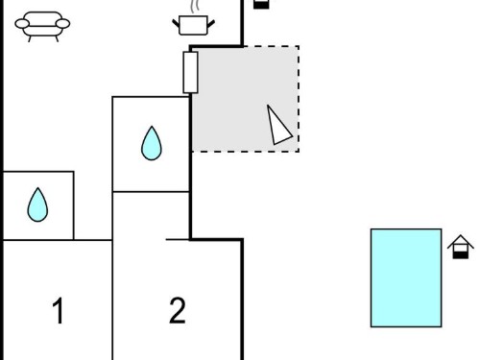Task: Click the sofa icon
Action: [42, 27]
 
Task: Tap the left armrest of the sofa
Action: [22, 24]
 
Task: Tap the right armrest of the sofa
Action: [62, 24]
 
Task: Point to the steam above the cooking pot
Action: [195, 7]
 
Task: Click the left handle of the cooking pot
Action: [176, 24]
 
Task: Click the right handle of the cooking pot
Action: [211, 24]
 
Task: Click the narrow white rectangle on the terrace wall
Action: [190, 73]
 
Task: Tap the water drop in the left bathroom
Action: [37, 205]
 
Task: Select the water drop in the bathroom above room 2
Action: [152, 144]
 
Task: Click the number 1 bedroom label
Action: [58, 310]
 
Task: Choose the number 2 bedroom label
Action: [178, 310]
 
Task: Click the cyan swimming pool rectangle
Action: [406, 277]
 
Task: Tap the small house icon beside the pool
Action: [461, 247]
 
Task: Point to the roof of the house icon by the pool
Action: [461, 242]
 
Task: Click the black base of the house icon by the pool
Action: [461, 255]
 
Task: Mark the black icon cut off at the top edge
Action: [261, 5]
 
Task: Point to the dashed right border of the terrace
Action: [299, 99]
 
